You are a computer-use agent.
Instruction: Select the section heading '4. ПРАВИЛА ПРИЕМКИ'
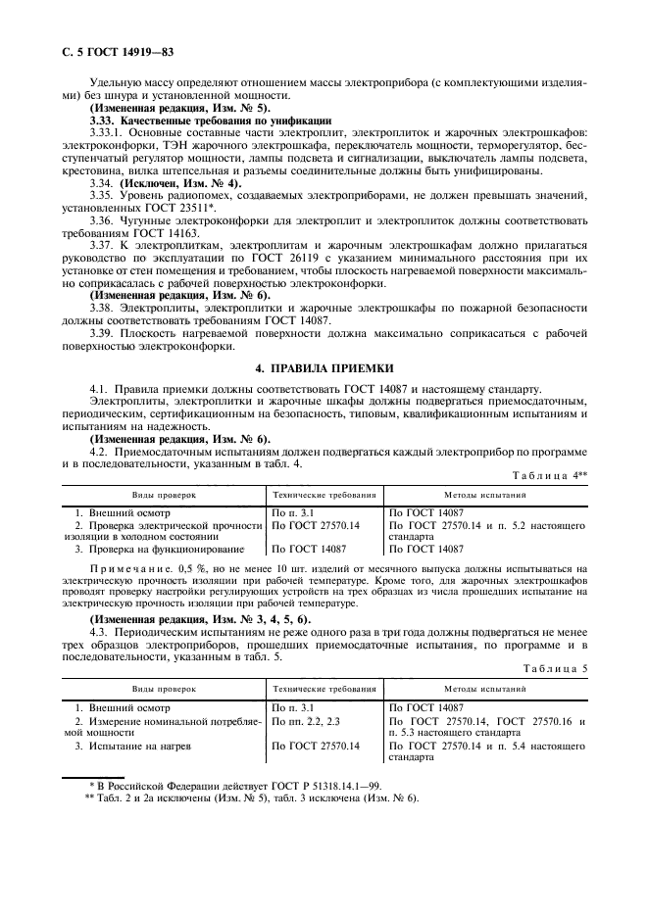tap(324, 367)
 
